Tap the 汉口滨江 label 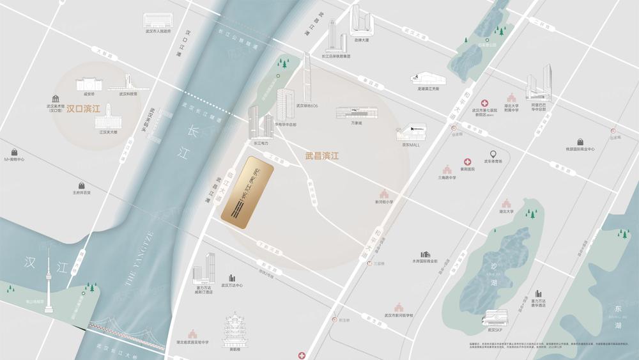tap(84, 109)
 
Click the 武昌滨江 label tap(321, 155)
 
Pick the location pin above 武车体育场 tap(493, 154)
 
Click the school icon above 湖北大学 tap(507, 203)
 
